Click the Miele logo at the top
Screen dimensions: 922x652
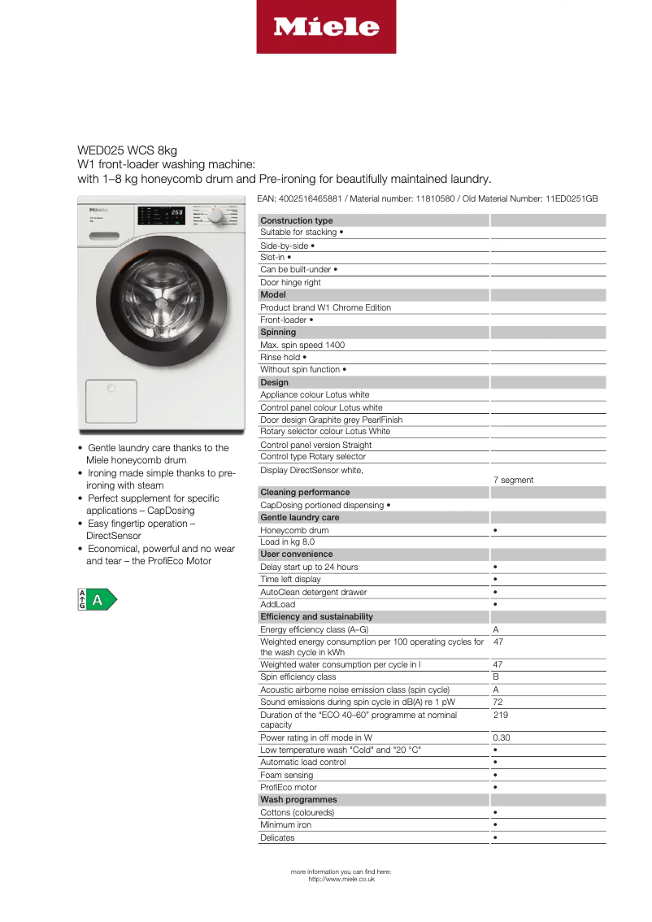326,27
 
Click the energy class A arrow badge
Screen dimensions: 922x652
97,600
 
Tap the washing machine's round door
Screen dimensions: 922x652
159,301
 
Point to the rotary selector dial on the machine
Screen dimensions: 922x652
215,217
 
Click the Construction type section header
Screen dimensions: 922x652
297,220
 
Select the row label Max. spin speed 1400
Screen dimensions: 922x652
302,345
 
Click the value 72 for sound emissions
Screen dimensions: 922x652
498,702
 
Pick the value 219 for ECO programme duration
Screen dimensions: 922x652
500,715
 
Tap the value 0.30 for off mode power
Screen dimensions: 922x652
502,738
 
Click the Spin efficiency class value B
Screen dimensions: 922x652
496,676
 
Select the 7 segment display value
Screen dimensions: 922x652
514,480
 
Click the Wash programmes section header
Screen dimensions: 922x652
298,800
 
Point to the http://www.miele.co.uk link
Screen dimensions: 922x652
341,879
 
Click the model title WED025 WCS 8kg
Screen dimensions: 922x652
127,150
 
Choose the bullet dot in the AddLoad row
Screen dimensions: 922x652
495,604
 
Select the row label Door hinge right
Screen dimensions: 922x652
290,282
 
